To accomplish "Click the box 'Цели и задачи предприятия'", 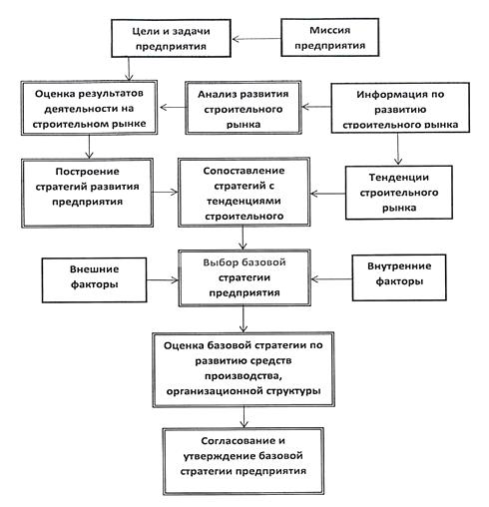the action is (x=171, y=38).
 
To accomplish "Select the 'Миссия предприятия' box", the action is (x=329, y=37).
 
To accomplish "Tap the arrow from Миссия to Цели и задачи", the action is (x=256, y=39).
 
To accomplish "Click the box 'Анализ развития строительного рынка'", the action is (x=244, y=108).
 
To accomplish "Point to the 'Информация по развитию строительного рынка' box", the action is (x=400, y=108).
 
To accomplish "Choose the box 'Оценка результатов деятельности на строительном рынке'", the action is (x=89, y=108).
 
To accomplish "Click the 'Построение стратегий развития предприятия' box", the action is (x=87, y=193).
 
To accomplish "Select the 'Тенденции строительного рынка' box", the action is (x=399, y=193).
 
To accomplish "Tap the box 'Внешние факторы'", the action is (x=94, y=280).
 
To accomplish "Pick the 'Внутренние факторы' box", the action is (x=399, y=277).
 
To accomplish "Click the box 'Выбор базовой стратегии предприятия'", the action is (x=244, y=277).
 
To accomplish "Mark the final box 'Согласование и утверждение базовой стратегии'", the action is (x=244, y=461).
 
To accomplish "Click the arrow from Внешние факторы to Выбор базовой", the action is (x=163, y=280).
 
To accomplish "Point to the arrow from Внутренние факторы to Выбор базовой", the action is (x=331, y=278).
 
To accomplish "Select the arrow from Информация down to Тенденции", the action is (x=398, y=149).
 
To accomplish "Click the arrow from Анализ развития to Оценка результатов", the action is (x=172, y=108).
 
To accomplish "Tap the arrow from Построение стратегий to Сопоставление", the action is (x=166, y=192).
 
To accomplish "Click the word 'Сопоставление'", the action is (x=244, y=171).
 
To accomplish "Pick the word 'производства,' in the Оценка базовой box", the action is (x=244, y=376).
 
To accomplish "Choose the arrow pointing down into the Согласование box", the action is (x=244, y=417).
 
